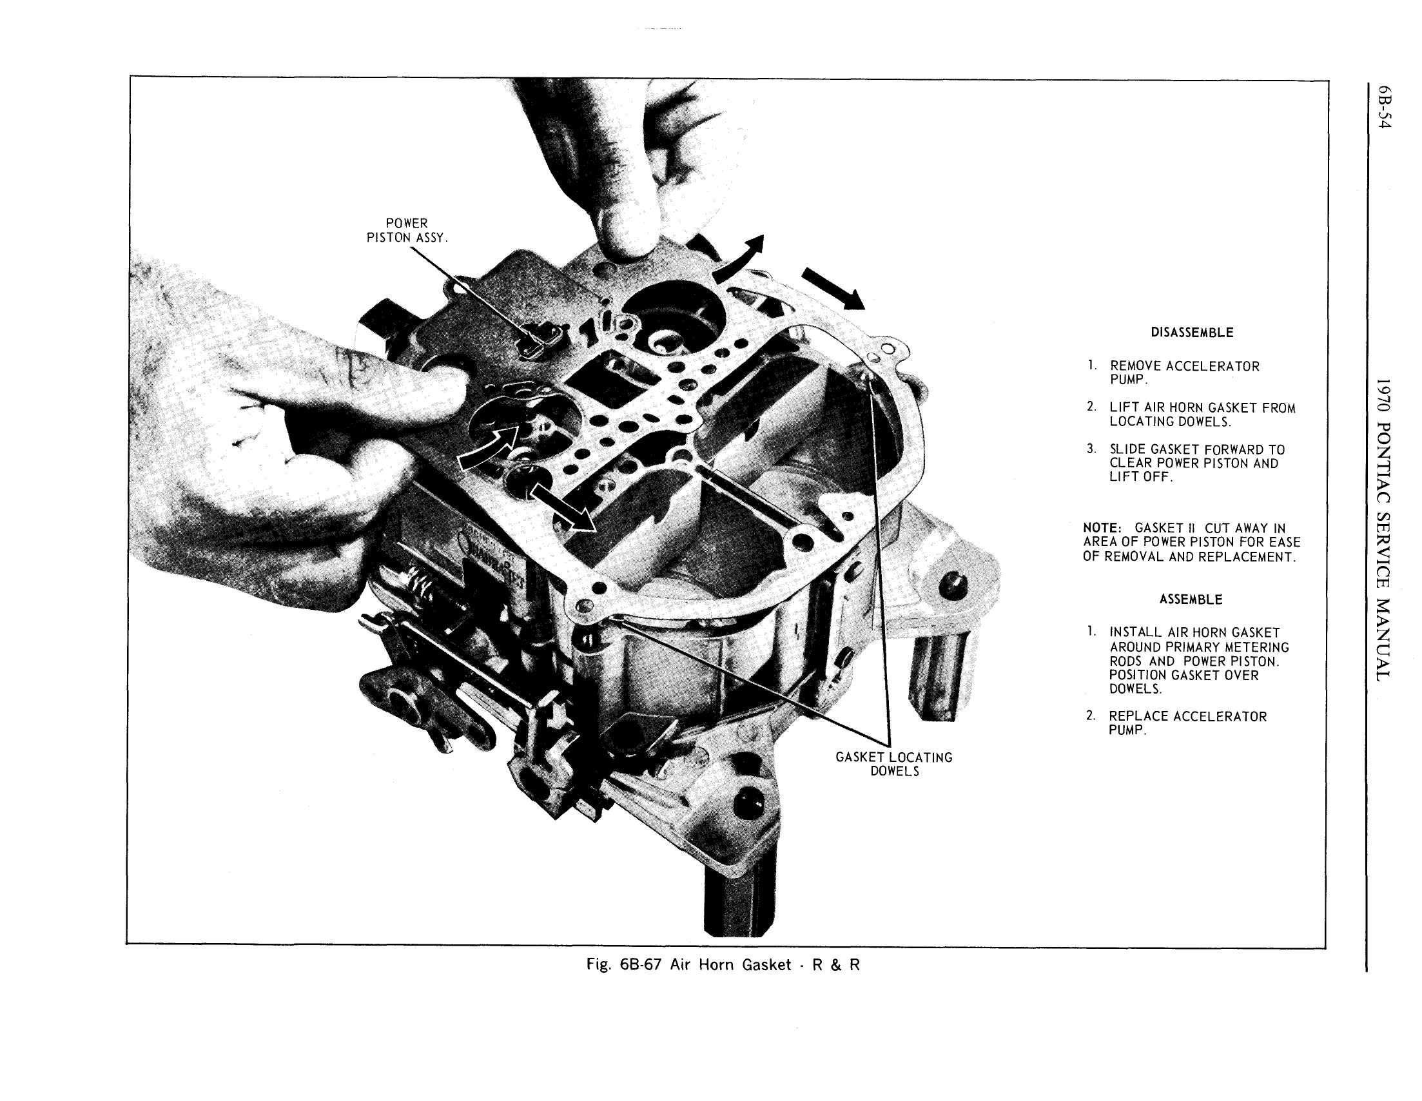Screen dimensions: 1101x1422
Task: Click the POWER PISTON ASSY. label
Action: [407, 231]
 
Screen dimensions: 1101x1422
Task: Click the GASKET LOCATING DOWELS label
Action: [894, 764]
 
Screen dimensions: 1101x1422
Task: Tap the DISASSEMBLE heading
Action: [1191, 333]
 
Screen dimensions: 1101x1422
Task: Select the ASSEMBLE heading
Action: [1190, 599]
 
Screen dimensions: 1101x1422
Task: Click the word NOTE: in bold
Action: [1102, 528]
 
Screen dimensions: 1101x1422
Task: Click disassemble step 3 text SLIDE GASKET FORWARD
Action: [1197, 450]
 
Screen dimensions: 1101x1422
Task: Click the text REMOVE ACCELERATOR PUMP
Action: [1184, 373]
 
